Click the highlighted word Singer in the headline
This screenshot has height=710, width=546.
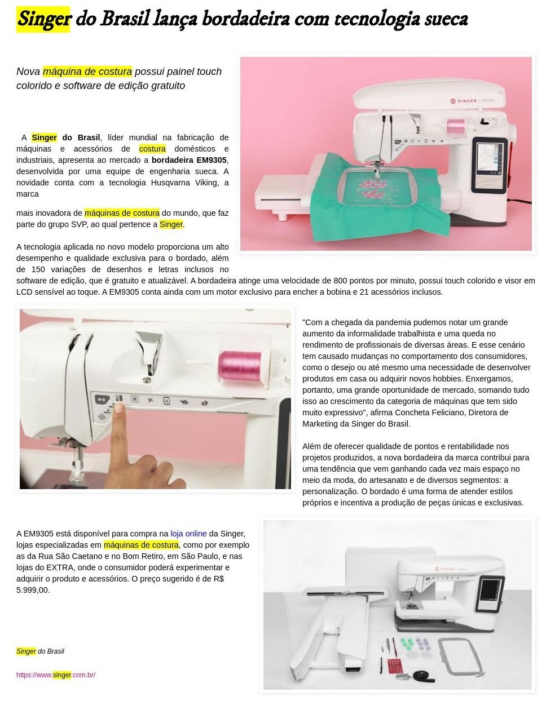[43, 19]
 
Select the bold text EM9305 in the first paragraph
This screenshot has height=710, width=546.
[211, 160]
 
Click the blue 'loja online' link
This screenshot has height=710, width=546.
[188, 534]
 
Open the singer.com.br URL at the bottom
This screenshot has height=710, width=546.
[56, 674]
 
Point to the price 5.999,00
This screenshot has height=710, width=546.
[32, 590]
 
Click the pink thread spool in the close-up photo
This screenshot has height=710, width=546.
[240, 366]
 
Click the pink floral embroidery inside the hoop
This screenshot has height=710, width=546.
[372, 189]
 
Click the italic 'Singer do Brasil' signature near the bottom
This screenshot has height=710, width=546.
[40, 651]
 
